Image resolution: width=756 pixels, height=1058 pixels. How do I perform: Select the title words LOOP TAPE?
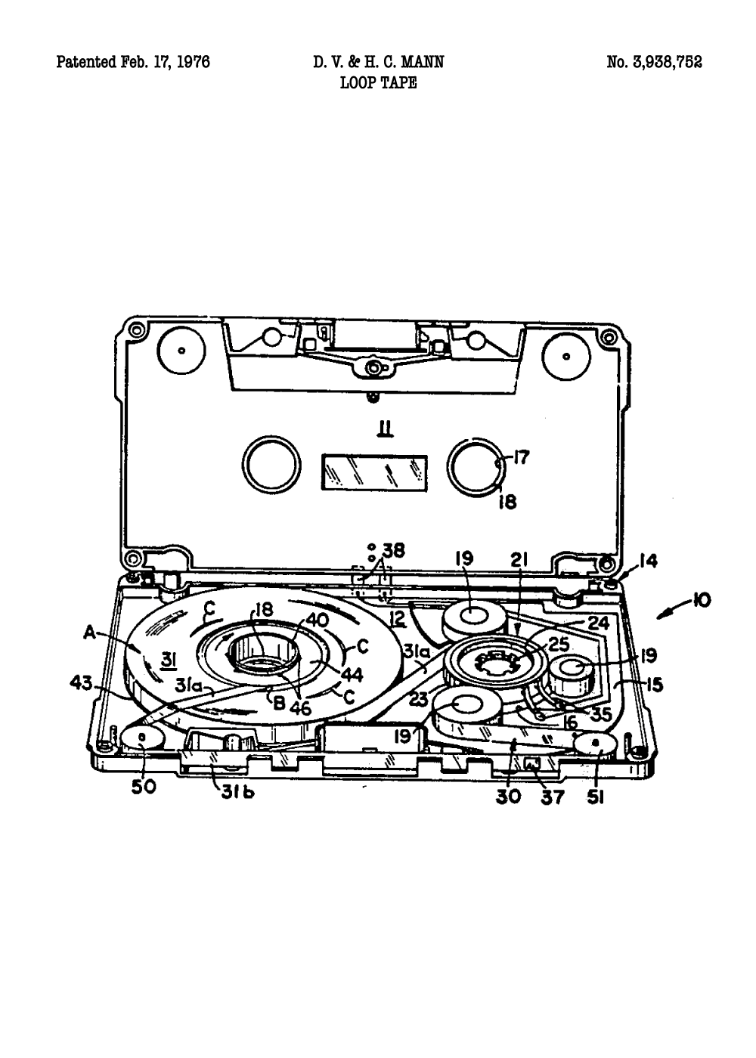point(378,83)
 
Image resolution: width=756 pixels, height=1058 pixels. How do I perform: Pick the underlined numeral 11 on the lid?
point(386,430)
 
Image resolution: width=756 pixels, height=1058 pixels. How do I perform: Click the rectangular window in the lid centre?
point(374,472)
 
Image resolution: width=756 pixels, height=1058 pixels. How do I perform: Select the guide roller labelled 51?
point(596,744)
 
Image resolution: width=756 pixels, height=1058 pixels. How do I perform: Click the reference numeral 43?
point(80,683)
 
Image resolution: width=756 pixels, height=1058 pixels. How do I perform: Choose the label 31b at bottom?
point(237,793)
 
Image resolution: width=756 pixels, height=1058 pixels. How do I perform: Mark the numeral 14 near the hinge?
point(647,561)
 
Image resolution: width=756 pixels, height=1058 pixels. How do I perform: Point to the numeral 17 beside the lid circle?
point(521,456)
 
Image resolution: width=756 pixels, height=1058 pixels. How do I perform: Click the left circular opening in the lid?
point(271,463)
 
